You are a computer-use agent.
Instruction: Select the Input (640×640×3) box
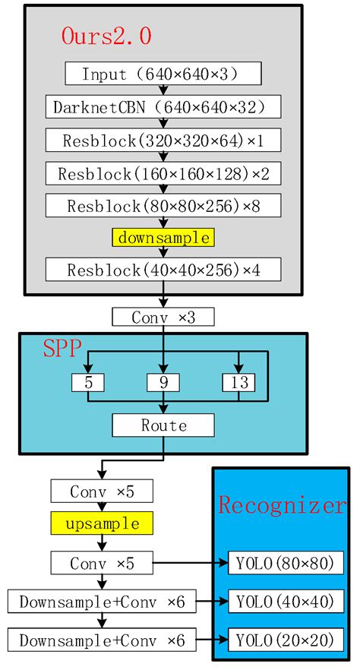pos(163,74)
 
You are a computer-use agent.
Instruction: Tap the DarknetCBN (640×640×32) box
pos(163,106)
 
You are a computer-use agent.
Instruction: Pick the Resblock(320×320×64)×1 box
pos(163,140)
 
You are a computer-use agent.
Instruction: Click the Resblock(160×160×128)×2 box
pos(163,172)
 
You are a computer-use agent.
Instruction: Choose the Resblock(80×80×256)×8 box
pos(163,205)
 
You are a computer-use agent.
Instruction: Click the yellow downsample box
pos(163,237)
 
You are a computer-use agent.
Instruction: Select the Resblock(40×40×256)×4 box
pos(163,269)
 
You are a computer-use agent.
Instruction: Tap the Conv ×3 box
pos(163,317)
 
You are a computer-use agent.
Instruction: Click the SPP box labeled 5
pos(89,383)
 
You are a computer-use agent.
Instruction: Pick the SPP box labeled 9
pos(163,383)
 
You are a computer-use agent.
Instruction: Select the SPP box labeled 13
pos(238,383)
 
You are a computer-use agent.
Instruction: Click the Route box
pos(163,425)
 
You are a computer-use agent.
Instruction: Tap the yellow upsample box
pos(102,523)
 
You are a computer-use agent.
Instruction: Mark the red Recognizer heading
pos(281,504)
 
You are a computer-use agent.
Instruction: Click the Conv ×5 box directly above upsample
pos(102,491)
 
